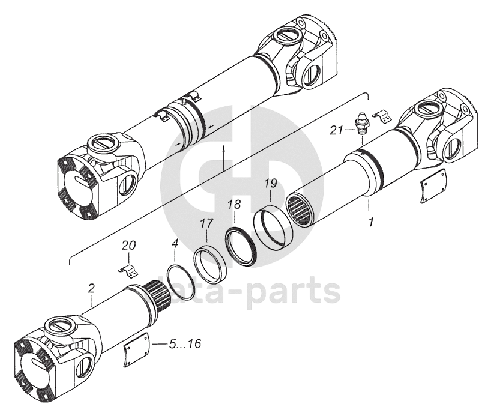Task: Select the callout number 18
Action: click(x=234, y=205)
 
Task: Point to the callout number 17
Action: click(x=206, y=223)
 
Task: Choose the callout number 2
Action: click(x=91, y=288)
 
